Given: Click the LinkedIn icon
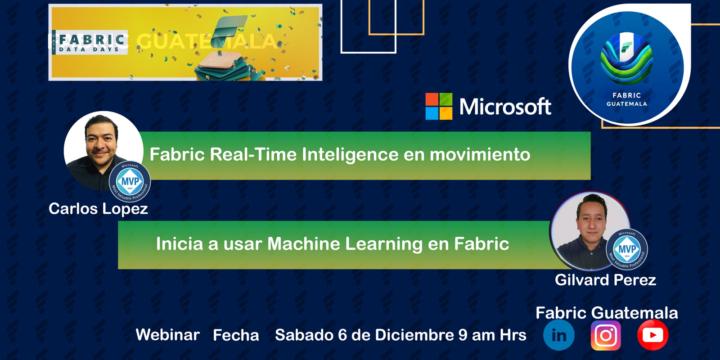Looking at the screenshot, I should tap(559, 335).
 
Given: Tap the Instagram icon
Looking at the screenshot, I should tap(605, 335).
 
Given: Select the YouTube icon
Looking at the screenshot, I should tap(652, 335).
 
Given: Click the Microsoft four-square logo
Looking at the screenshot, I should tap(438, 106).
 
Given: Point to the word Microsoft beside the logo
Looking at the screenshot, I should tap(505, 107).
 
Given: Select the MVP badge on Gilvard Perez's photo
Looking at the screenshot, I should tap(627, 248).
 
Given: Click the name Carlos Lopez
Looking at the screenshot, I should tap(98, 209).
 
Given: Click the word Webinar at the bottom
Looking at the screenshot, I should tap(168, 335).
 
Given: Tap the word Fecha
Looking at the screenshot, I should tap(236, 335).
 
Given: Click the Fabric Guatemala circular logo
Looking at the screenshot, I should tap(626, 65).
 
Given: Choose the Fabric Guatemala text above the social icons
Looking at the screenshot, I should tap(607, 313).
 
